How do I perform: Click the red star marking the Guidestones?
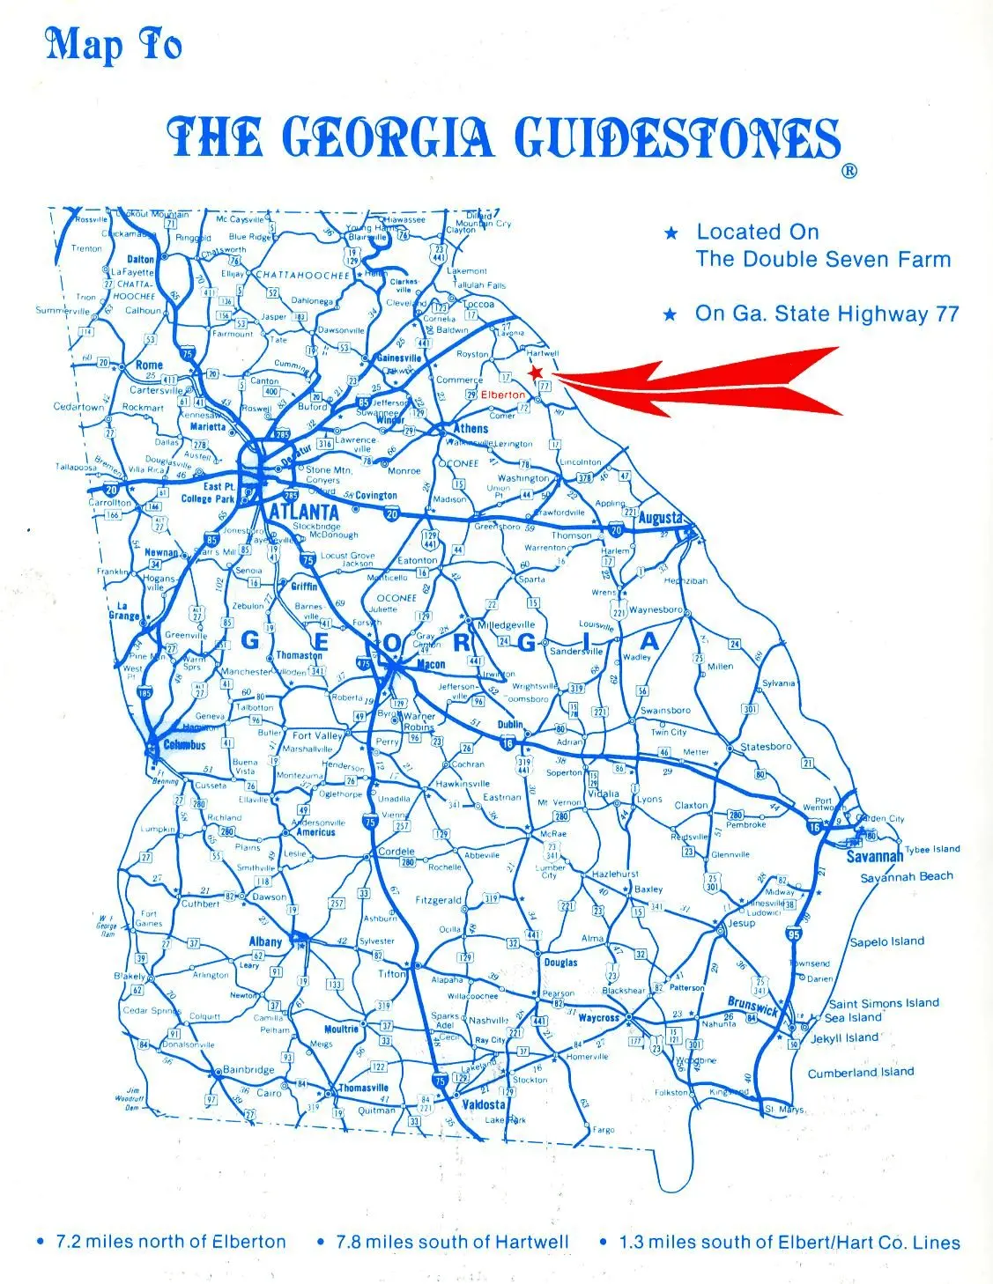535,373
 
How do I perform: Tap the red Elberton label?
503,395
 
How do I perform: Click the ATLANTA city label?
304,513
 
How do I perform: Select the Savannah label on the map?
875,856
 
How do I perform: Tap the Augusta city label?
660,518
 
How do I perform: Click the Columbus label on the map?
184,745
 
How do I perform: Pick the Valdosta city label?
484,1104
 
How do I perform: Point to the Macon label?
431,665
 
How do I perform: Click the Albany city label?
265,941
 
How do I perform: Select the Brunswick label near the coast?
752,1005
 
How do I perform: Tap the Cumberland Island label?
861,1073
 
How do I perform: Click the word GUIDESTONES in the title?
676,137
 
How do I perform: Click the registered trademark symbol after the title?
848,171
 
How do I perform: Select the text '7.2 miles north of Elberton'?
171,1242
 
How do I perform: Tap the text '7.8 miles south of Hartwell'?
452,1242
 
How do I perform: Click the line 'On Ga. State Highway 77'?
826,314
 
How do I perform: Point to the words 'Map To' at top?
113,45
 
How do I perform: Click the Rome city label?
149,365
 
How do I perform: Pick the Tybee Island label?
932,849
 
